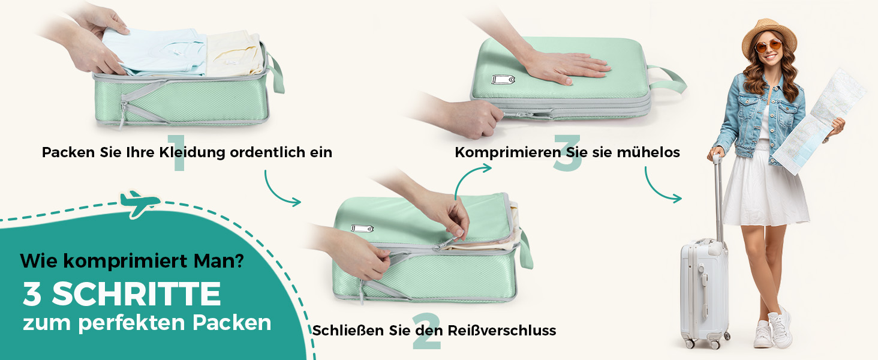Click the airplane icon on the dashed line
pyautogui.click(x=140, y=203)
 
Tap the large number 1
pyautogui.click(x=178, y=152)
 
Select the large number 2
pyautogui.click(x=426, y=330)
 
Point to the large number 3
pyautogui.click(x=567, y=152)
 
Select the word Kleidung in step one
pyautogui.click(x=192, y=152)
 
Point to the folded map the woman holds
pyautogui.click(x=819, y=122)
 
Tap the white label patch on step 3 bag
pyautogui.click(x=503, y=79)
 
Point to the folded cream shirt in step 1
pyautogui.click(x=234, y=53)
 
